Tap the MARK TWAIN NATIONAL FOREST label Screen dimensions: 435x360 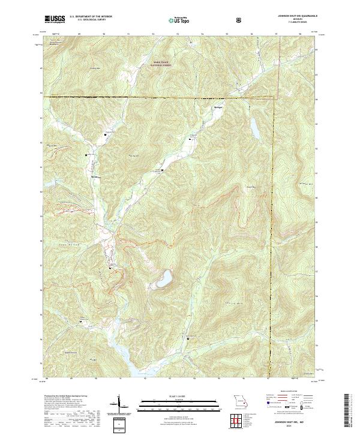161,63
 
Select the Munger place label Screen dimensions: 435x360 218,107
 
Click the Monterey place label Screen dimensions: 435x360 94,176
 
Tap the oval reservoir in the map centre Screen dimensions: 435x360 162,279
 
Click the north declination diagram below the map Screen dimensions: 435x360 119,403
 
